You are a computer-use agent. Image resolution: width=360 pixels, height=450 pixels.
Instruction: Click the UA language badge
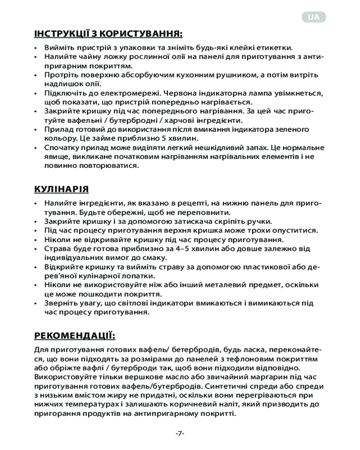[x=314, y=17]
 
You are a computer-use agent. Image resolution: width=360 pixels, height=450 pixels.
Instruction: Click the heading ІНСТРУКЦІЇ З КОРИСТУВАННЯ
[x=108, y=34]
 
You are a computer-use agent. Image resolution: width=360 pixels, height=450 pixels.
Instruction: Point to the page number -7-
[x=180, y=433]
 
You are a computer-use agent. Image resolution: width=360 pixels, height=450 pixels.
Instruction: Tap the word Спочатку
[x=66, y=147]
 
